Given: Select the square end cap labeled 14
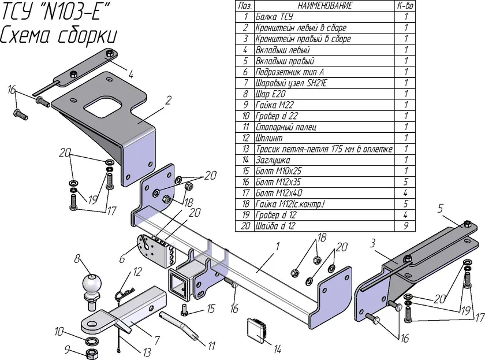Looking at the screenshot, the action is [257, 331].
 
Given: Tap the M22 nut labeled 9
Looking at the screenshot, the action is [92, 353].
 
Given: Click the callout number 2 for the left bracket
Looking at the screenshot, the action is [168, 101].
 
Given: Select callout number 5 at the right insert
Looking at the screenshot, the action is [441, 209].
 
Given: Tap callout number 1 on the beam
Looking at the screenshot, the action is [278, 246].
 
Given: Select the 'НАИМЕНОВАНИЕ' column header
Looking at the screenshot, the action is [324, 6].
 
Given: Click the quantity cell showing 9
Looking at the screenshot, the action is [405, 226].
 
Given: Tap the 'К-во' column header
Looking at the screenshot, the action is [405, 6].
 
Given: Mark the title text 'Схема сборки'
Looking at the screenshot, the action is [58, 35].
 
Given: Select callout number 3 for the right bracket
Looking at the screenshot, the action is [372, 243].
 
